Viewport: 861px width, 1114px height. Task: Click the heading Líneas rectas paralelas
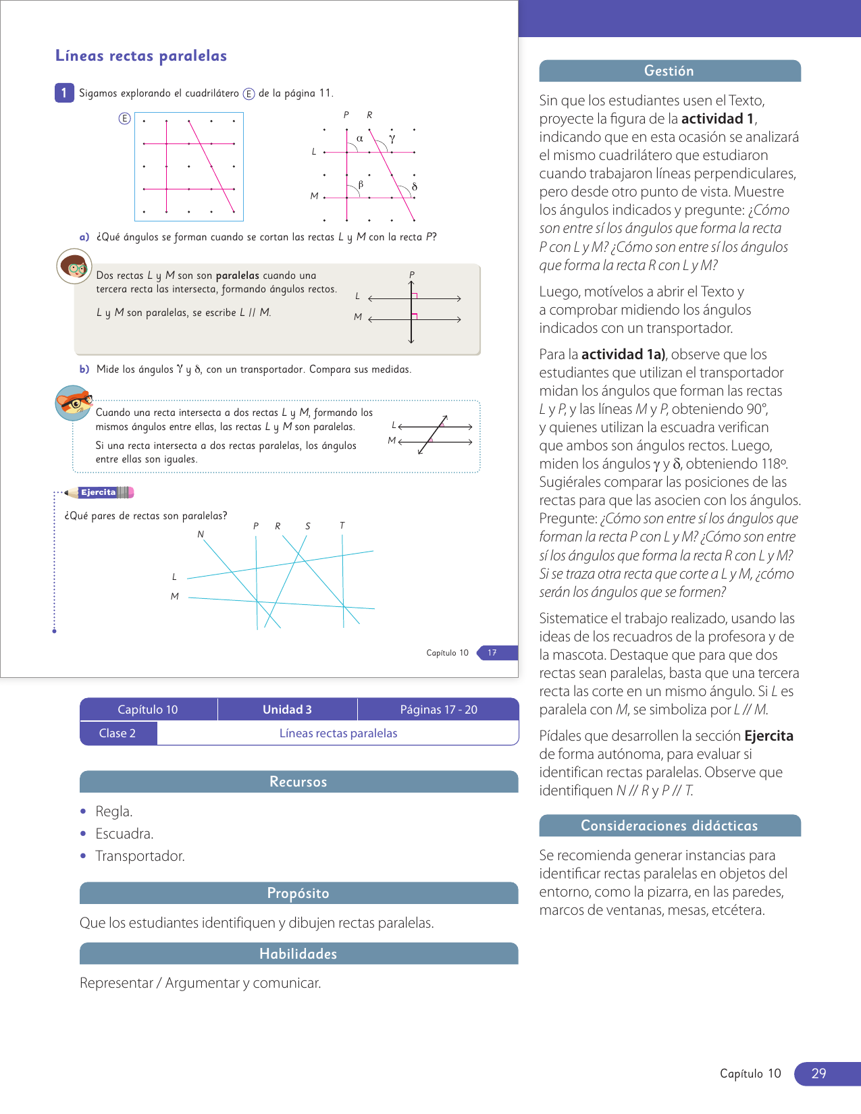141,56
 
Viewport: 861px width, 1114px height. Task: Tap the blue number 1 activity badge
64,93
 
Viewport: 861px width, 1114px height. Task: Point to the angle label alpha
360,138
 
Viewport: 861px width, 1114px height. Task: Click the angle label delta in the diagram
414,186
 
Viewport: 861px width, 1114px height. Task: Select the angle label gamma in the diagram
392,138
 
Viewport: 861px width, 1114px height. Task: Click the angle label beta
361,184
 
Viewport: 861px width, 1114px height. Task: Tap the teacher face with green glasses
74,267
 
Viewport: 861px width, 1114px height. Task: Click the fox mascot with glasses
73,403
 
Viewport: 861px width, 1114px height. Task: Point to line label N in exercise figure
201,535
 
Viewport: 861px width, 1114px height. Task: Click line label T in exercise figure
342,525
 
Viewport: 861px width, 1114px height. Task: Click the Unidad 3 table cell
287,710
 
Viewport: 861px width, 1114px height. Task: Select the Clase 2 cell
118,733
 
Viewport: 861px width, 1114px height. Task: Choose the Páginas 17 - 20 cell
438,710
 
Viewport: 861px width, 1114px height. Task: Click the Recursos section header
298,782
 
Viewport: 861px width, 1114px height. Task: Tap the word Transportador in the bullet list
140,856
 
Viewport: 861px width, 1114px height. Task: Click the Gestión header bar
669,71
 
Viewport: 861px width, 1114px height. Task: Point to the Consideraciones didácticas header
669,826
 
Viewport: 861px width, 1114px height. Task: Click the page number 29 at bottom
818,1073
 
